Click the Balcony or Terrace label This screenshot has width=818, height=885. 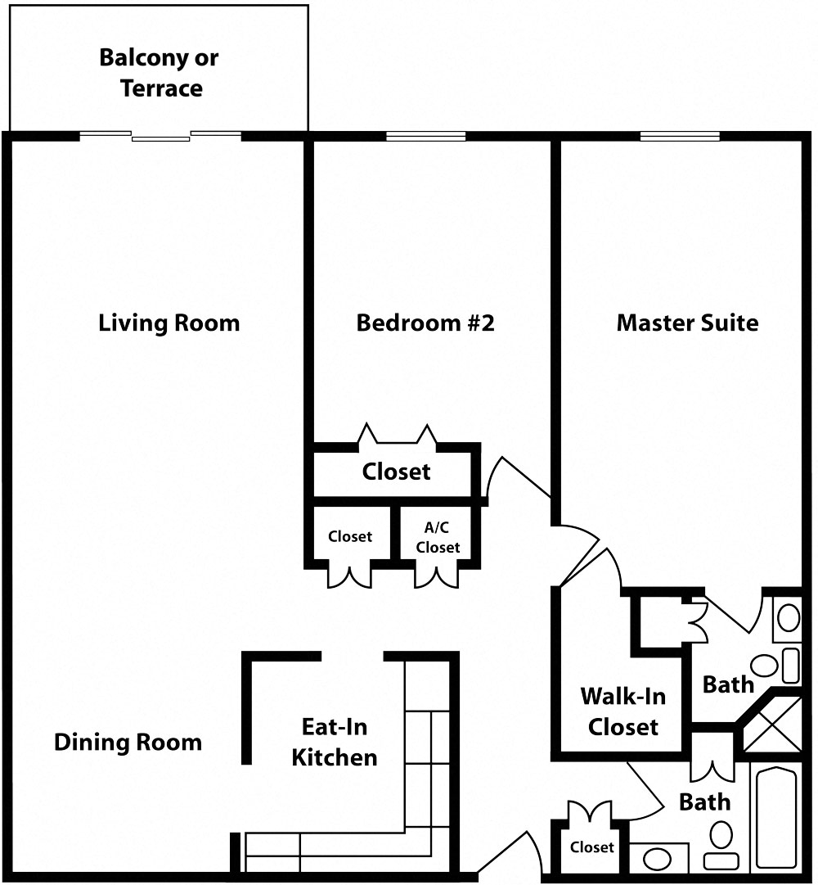coord(160,73)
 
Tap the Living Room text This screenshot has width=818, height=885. coord(169,323)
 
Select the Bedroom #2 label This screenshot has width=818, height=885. coord(425,323)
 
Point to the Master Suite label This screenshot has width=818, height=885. coord(687,323)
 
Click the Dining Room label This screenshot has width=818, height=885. coord(128,743)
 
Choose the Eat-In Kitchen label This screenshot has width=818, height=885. coord(335,742)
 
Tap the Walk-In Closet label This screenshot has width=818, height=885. coord(623,711)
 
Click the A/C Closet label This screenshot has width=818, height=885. coord(438,538)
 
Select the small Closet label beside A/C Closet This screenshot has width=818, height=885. coord(350,537)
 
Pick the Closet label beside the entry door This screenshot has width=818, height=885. coord(592,847)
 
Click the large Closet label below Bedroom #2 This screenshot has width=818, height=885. coord(396,472)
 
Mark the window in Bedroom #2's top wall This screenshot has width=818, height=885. coord(425,136)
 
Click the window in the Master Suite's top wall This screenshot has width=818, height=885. coord(680,136)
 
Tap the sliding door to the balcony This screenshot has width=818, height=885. coord(161,136)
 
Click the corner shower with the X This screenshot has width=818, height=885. coord(773,725)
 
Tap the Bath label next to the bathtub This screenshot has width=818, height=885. coord(704,801)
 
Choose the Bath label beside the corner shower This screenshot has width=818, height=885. coord(728,684)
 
